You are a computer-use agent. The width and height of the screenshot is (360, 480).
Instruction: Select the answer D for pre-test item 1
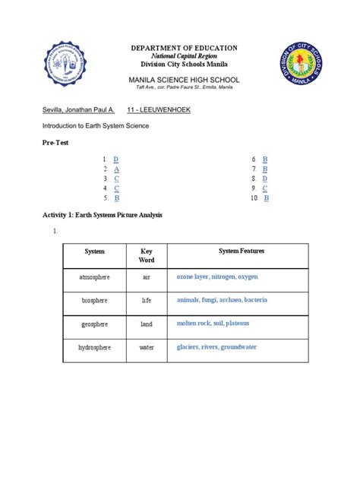coord(115,159)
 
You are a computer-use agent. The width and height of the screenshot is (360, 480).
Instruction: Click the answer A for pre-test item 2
coord(115,169)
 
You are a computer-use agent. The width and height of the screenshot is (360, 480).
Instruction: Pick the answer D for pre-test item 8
coord(265,178)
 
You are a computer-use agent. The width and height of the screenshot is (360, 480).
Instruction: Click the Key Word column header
coord(147,255)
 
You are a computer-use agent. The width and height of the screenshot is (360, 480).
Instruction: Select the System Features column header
coord(242,251)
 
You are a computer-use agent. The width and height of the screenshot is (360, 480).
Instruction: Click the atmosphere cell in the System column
coord(95,278)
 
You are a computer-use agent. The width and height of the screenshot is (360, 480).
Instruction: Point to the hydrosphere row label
coord(95,348)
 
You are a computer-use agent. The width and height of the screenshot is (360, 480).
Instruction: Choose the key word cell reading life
coord(147,301)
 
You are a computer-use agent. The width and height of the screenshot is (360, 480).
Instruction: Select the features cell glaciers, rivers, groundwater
coord(216,348)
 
